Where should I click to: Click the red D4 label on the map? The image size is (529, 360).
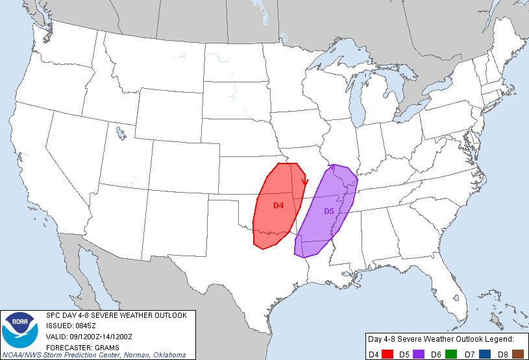(x=278, y=205)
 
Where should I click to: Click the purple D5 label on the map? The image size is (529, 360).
(x=328, y=211)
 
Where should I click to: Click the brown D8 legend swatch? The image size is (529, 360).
(x=517, y=353)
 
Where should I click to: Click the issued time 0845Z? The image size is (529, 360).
(x=84, y=326)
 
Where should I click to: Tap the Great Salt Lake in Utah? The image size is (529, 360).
(x=121, y=133)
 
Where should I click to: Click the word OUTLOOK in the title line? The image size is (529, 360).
(x=168, y=315)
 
